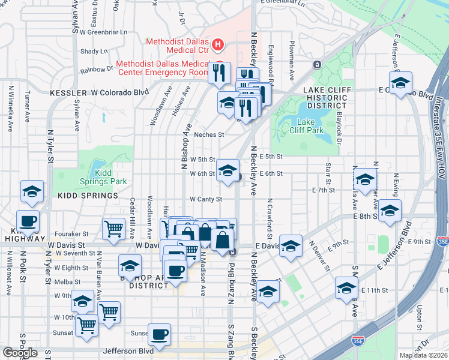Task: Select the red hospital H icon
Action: click(x=218, y=44)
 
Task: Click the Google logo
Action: click(x=20, y=353)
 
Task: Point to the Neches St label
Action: click(x=209, y=135)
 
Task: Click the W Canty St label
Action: click(x=206, y=199)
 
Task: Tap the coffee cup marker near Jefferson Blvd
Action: click(x=159, y=335)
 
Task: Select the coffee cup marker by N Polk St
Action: click(x=28, y=220)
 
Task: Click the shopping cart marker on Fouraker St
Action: click(x=113, y=228)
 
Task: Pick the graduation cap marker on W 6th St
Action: click(x=228, y=170)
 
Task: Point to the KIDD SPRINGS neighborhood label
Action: click(x=88, y=196)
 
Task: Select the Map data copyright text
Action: click(x=423, y=355)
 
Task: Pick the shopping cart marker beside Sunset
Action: click(x=86, y=326)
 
